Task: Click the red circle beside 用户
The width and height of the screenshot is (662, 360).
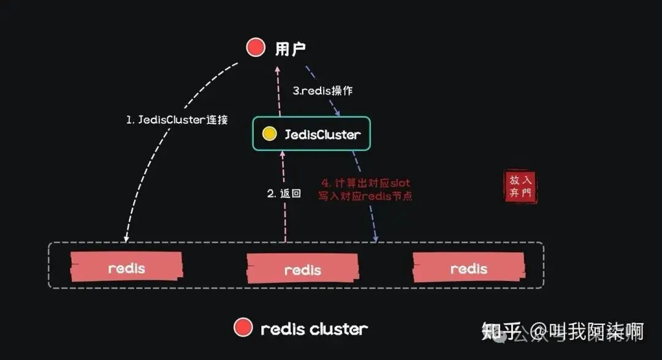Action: [256, 47]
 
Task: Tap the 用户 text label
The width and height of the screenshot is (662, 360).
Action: [290, 48]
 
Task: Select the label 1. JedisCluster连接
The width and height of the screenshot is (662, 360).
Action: [177, 120]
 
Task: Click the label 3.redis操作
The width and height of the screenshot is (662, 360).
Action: [322, 91]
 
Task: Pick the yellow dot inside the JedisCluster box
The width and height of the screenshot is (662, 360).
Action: [268, 134]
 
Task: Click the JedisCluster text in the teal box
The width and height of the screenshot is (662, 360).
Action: [322, 134]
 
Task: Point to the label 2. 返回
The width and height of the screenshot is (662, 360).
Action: [284, 194]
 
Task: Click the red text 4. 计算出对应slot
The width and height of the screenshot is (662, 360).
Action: [366, 183]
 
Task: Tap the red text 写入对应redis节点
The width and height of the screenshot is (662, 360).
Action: [365, 196]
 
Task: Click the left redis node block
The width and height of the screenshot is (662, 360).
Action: [127, 268]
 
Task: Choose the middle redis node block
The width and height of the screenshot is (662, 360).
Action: [303, 269]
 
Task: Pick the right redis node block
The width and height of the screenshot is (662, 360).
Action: [469, 269]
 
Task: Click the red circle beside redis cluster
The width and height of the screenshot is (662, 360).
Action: [243, 328]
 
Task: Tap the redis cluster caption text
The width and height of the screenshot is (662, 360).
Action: [314, 329]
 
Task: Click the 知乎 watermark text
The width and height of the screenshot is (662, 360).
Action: [496, 332]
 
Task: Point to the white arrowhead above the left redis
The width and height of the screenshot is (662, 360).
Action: [126, 238]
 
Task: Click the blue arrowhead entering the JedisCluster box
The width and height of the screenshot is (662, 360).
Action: [338, 112]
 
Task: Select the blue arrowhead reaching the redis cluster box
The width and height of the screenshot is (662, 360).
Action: [375, 237]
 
